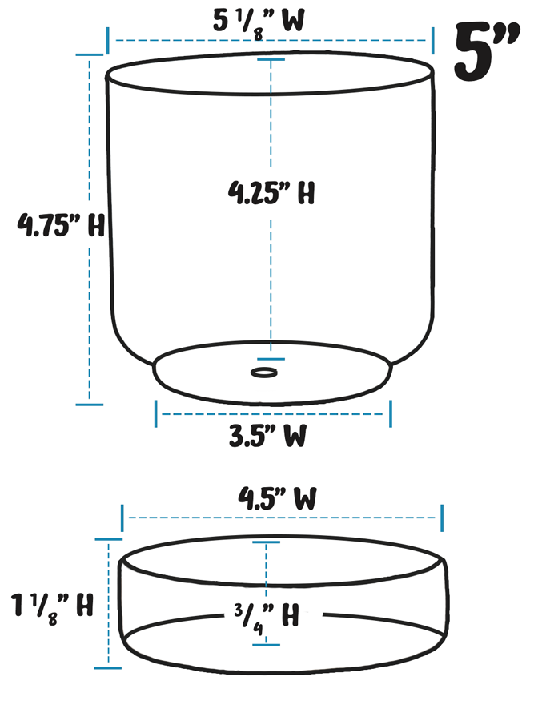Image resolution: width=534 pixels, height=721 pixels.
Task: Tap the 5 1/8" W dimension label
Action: pyautogui.click(x=258, y=21)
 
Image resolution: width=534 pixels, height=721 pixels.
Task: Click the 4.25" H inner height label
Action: pyautogui.click(x=271, y=193)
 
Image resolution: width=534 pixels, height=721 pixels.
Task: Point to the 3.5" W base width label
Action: pyautogui.click(x=268, y=437)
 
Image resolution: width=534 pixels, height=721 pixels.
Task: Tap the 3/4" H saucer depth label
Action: pyautogui.click(x=267, y=616)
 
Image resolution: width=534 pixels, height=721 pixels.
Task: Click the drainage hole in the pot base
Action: pyautogui.click(x=264, y=372)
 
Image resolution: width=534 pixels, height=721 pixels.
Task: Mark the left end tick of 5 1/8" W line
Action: pyautogui.click(x=108, y=39)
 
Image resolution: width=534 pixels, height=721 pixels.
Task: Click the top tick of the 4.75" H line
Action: pyautogui.click(x=90, y=54)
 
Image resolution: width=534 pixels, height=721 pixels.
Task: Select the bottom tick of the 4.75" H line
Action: pyautogui.click(x=90, y=404)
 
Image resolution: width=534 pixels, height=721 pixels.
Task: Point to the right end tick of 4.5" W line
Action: pyautogui.click(x=441, y=518)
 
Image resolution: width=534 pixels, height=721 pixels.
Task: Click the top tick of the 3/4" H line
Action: pyautogui.click(x=267, y=542)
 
